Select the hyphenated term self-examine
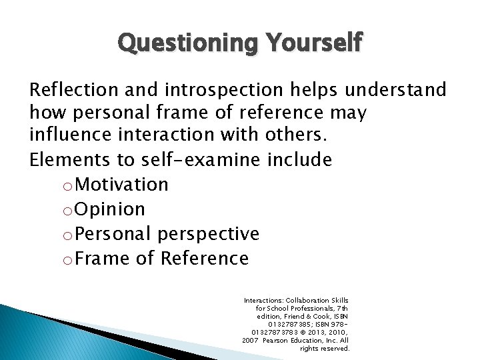click(219, 160)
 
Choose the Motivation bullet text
click(122, 184)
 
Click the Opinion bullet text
click(110, 209)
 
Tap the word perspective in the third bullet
click(207, 233)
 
